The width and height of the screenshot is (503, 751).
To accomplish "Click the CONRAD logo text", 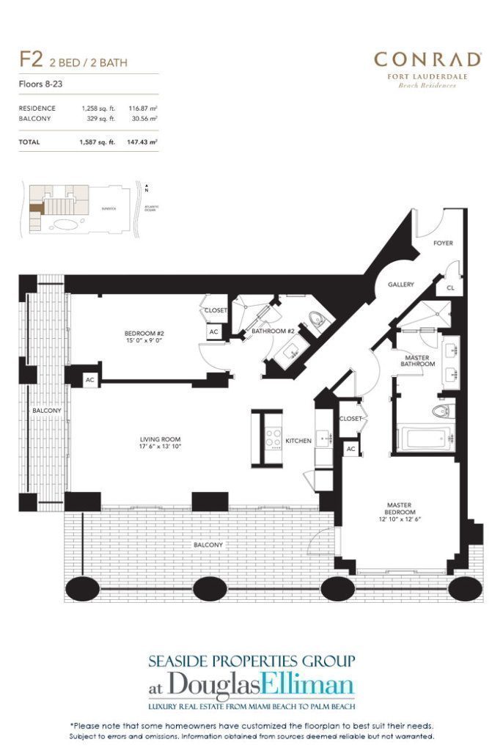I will [427, 59].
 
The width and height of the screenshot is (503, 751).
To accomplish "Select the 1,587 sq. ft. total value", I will [98, 142].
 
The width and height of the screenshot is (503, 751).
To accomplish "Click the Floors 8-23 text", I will [40, 85].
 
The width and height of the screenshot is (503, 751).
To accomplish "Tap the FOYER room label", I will [442, 242].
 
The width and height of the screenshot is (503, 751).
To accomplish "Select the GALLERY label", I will [401, 285].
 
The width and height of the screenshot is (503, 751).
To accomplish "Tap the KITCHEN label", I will [298, 441].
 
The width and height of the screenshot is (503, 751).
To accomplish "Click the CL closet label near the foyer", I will [450, 288].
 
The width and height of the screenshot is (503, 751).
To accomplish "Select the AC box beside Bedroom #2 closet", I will [214, 332].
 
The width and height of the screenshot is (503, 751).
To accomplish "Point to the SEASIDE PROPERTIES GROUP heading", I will [251, 661].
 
